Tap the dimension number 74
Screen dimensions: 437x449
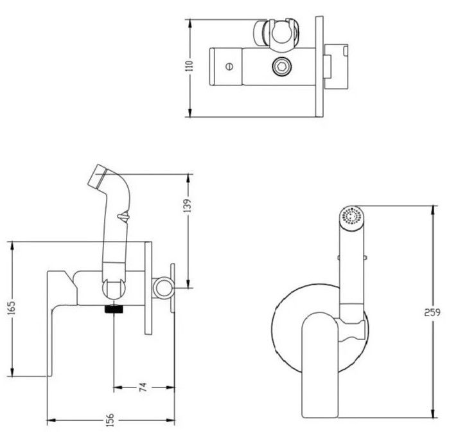point(143,388)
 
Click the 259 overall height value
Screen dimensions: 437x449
point(435,313)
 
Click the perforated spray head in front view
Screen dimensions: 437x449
point(350,215)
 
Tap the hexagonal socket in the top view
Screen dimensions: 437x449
point(280,66)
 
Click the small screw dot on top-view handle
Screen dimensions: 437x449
point(229,66)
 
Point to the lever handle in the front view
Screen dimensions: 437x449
point(317,360)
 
